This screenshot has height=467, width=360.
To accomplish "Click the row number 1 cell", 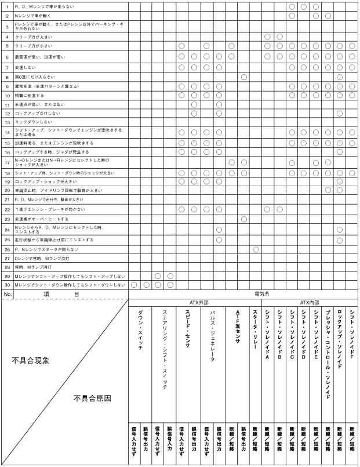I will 7,6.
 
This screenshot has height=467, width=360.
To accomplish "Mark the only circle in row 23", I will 243,219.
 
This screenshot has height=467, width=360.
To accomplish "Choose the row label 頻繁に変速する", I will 29,95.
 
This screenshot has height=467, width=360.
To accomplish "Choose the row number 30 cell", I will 7,285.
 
